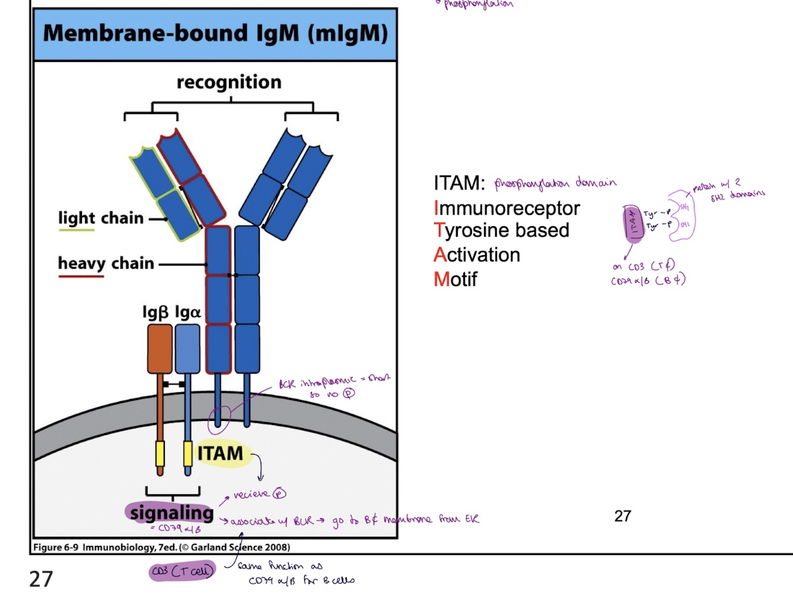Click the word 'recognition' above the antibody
point(229,83)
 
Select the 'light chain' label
point(101,218)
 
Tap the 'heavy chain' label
point(106,263)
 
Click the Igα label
point(188,312)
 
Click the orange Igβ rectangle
point(160,348)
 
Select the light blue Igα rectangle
point(188,348)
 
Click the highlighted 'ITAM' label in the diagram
point(220,453)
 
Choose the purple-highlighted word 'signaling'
point(171,513)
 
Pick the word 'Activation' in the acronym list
point(477,255)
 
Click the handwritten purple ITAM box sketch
point(633,223)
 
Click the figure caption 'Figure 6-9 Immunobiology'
point(162,546)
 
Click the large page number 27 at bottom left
point(41,578)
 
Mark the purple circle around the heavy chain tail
point(219,418)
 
